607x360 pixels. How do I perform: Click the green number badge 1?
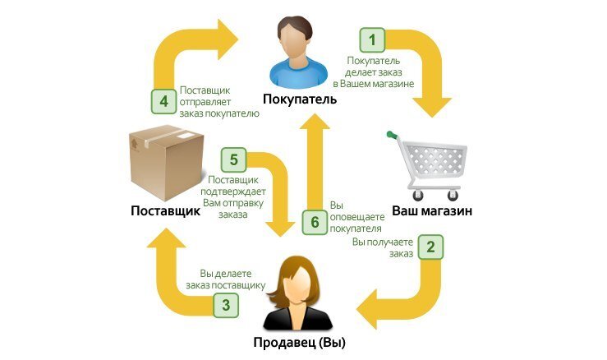pyautogui.click(x=374, y=38)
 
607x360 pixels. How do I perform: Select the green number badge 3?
pyautogui.click(x=227, y=306)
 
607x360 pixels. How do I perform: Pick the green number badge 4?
pyautogui.click(x=163, y=102)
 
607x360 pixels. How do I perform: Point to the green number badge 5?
pyautogui.click(x=234, y=159)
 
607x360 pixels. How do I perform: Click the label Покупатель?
pyautogui.click(x=300, y=99)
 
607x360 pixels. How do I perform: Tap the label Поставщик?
pyautogui.click(x=165, y=211)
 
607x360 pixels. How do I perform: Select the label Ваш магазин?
pyautogui.click(x=431, y=210)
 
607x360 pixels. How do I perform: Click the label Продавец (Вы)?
pyautogui.click(x=300, y=344)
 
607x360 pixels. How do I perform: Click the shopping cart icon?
pyautogui.click(x=432, y=165)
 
